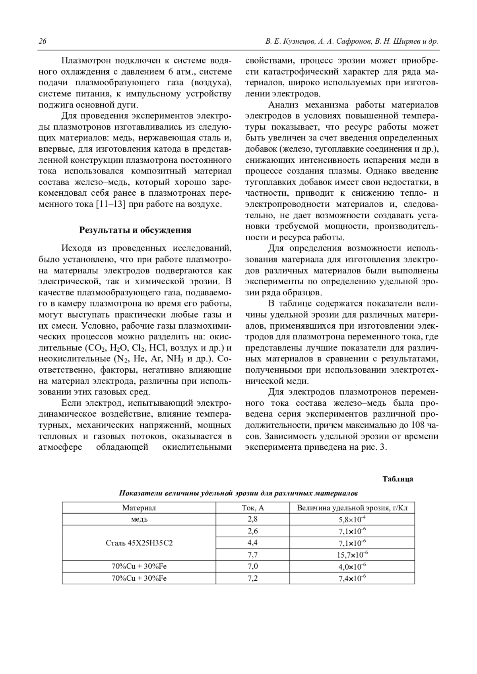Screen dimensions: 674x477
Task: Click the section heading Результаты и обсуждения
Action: pos(136,230)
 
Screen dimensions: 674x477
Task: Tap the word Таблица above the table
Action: pos(397,479)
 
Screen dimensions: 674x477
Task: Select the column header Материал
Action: pos(139,508)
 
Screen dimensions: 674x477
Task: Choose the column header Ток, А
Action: pos(253,508)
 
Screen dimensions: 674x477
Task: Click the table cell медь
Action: pos(139,519)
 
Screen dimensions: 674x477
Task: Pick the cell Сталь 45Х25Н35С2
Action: pos(139,543)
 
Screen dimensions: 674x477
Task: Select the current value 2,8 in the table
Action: pos(253,519)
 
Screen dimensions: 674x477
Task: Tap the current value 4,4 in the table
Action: pos(253,543)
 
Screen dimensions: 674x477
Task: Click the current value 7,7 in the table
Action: pos(253,555)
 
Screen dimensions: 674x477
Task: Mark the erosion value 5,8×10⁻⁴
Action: pos(352,519)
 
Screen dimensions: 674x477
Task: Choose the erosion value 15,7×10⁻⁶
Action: pos(352,555)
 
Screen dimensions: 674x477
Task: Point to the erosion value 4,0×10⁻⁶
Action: pos(352,566)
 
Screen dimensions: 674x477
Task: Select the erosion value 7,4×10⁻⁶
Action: pos(352,578)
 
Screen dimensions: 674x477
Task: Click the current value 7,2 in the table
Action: pos(253,578)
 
